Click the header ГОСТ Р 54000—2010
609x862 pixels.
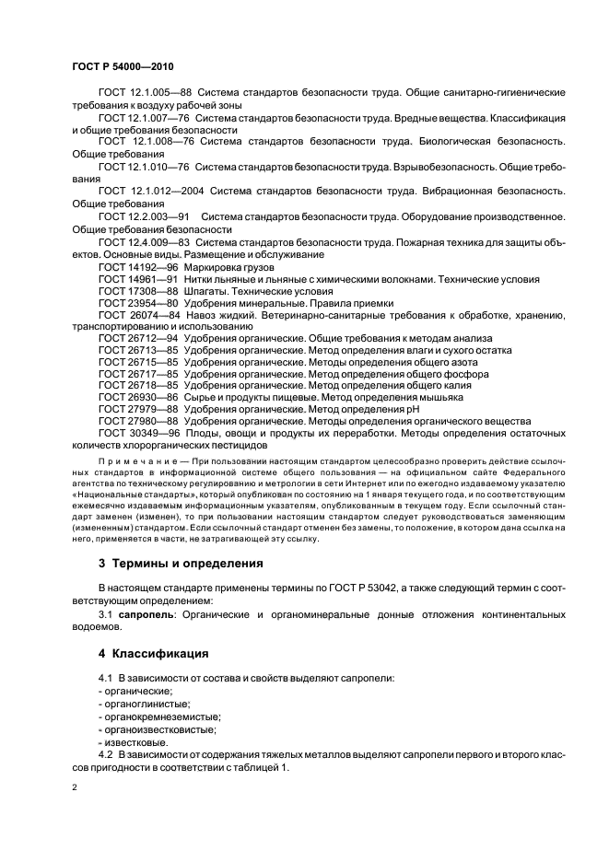(x=122, y=67)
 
